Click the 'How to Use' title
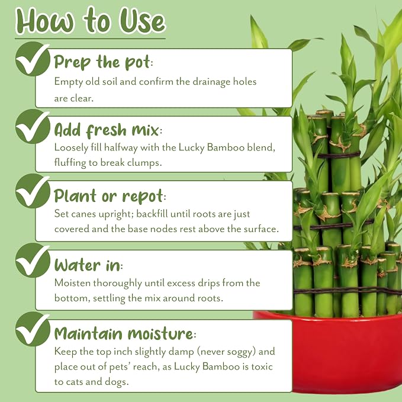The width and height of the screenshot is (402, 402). pos(91,21)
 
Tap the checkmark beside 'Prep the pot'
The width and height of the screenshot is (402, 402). pos(33,59)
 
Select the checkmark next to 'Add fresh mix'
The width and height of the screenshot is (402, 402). pos(33,127)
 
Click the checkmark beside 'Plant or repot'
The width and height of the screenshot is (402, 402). pos(33,191)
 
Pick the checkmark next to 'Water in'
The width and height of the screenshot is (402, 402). pos(33,261)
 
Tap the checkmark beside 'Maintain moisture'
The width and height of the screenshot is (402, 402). pos(33,329)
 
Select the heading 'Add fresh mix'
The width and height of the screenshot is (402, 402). pos(108,130)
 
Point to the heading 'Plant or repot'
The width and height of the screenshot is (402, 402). pos(110,197)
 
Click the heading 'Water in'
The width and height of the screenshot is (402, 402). pos(88,265)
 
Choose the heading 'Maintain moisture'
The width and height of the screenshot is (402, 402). pos(125,333)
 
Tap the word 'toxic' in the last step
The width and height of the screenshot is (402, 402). pos(262,366)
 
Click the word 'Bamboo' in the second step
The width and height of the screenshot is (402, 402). pos(226,147)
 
